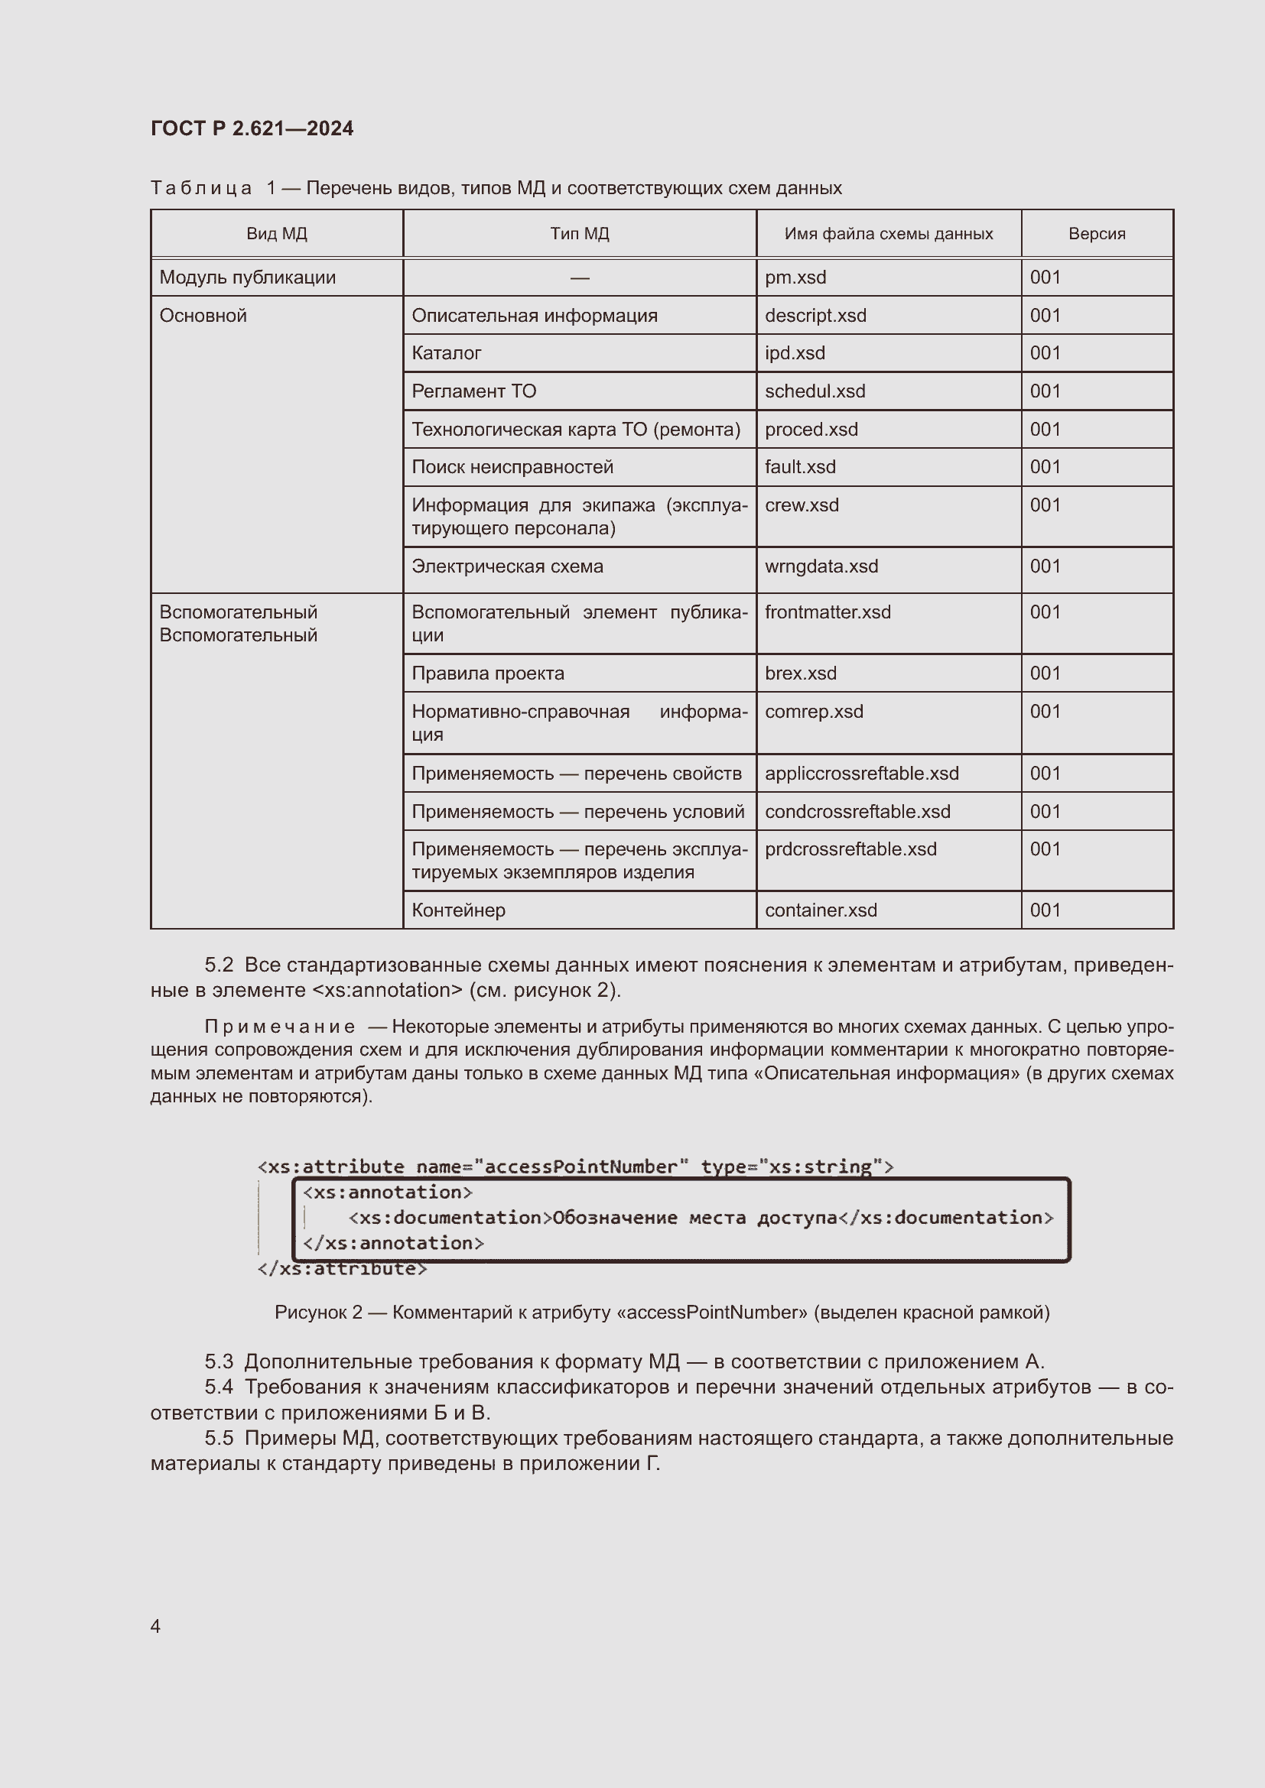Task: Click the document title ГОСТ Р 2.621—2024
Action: click(x=252, y=128)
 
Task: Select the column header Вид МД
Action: click(x=277, y=234)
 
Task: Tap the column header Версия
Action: click(x=1096, y=234)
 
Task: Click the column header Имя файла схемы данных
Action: click(x=888, y=234)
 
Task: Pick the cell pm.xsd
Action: click(x=795, y=277)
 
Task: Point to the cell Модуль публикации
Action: click(x=248, y=277)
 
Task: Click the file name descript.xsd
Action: click(x=815, y=316)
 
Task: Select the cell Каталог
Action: click(x=447, y=352)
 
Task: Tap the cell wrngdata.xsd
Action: click(x=821, y=566)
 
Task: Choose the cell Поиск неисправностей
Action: click(x=512, y=466)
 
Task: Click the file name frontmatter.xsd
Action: click(x=828, y=612)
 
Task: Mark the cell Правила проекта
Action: click(x=488, y=673)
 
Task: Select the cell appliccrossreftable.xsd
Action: click(x=861, y=774)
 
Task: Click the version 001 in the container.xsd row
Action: click(x=1045, y=910)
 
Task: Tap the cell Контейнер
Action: click(x=458, y=910)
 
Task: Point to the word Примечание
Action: click(x=280, y=1027)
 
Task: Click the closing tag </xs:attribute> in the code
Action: click(x=342, y=1269)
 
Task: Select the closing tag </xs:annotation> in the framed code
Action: click(x=393, y=1243)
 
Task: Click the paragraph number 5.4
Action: click(x=219, y=1387)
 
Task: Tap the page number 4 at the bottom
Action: click(x=156, y=1626)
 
